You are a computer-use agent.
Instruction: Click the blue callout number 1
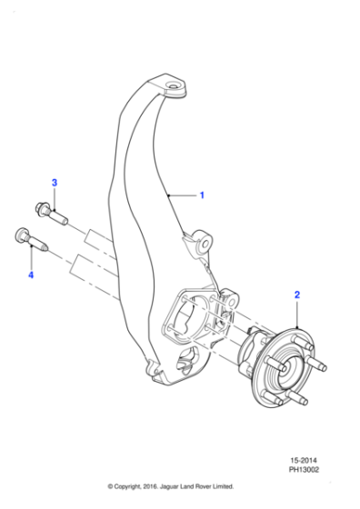pyautogui.click(x=202, y=195)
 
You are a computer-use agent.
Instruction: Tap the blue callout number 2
pyautogui.click(x=296, y=294)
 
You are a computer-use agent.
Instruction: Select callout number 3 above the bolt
pyautogui.click(x=54, y=184)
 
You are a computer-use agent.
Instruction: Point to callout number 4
pyautogui.click(x=30, y=274)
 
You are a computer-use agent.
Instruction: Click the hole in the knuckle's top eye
pyautogui.click(x=175, y=89)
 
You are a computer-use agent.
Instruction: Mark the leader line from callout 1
pyautogui.click(x=185, y=195)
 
